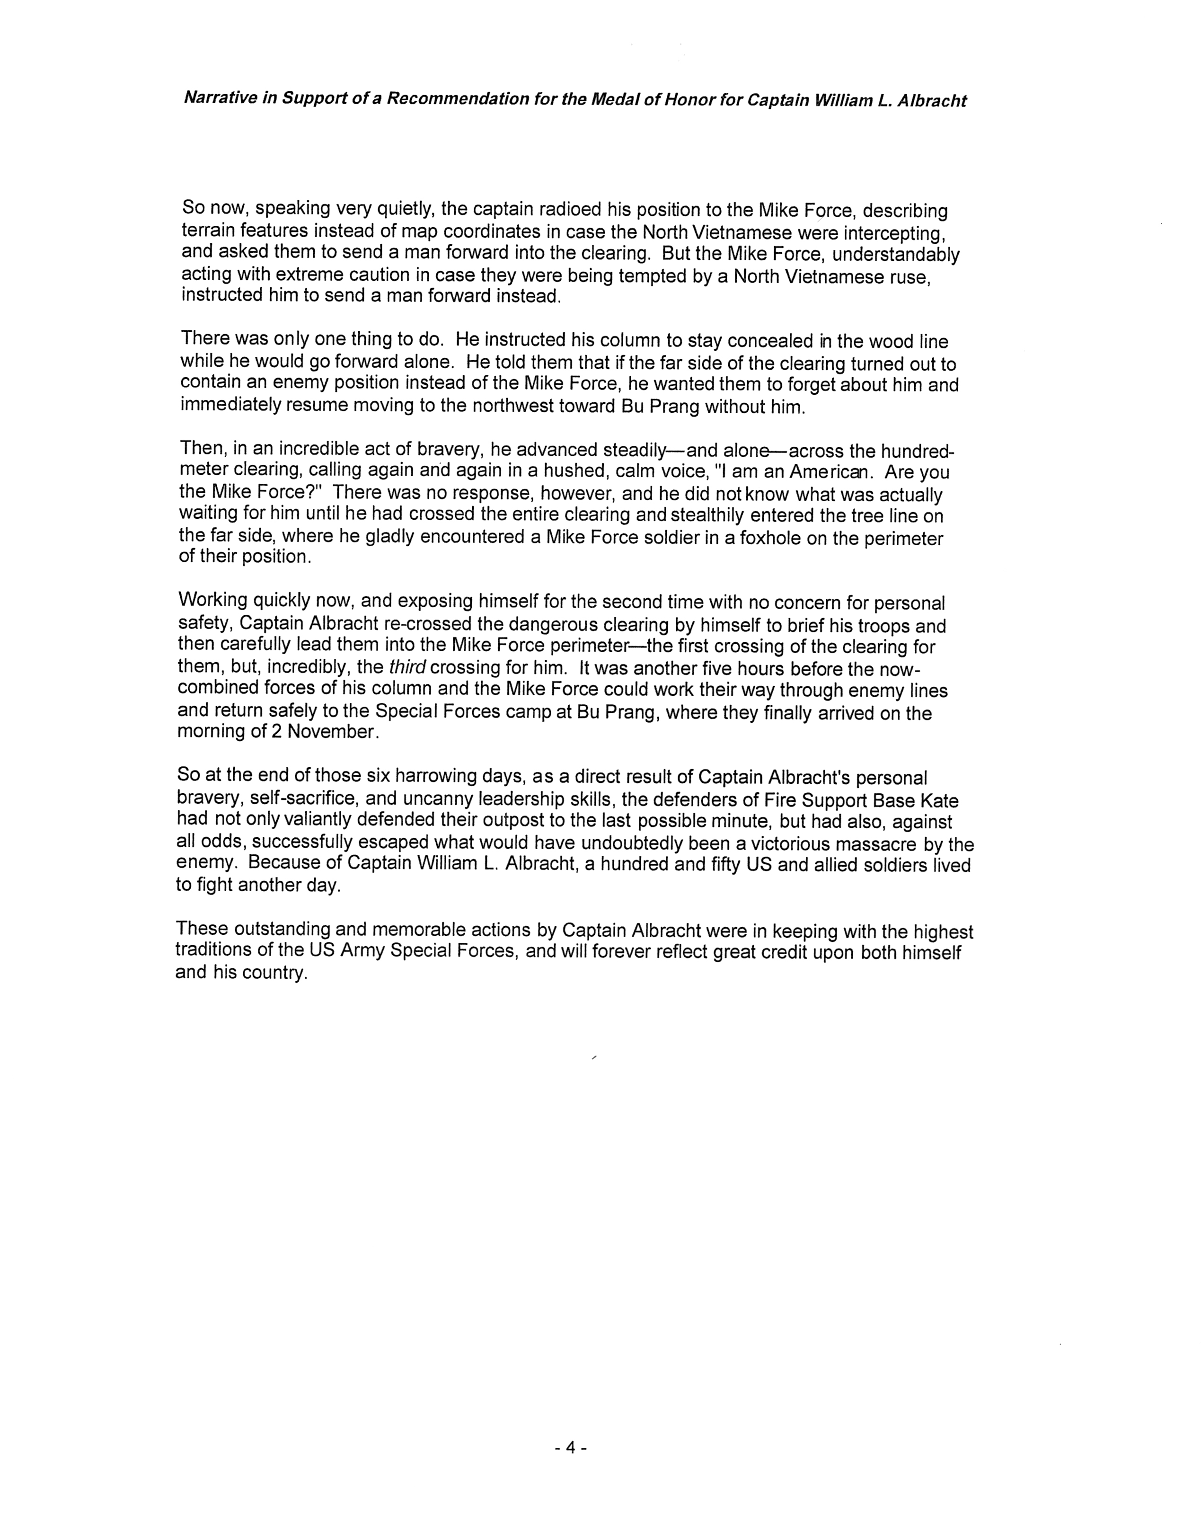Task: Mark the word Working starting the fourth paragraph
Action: [212, 600]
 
